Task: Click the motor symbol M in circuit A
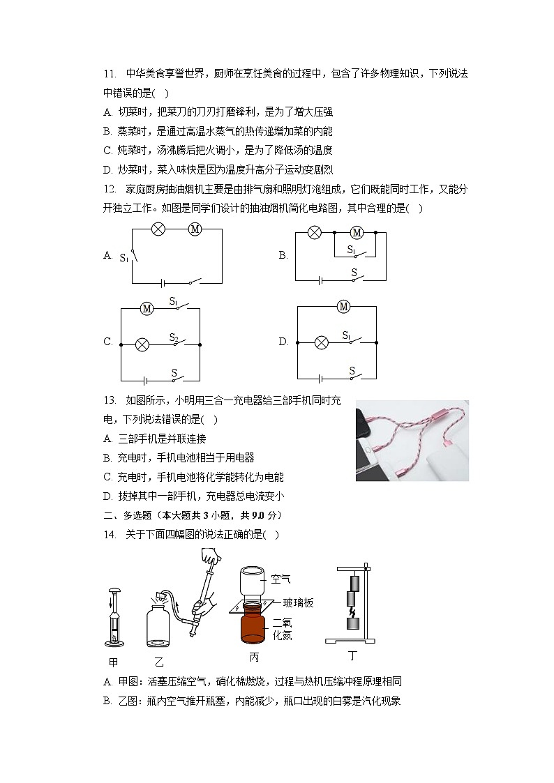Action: (195, 229)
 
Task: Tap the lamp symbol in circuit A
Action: (158, 229)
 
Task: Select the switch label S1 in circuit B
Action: (352, 250)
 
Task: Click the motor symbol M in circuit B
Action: (357, 232)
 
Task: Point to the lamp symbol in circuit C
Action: (142, 344)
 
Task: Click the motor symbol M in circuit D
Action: (343, 306)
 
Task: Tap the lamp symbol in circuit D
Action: (322, 342)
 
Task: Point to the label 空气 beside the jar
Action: (280, 578)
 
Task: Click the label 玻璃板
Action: (298, 602)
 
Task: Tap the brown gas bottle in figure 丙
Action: (253, 628)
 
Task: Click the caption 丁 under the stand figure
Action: (352, 655)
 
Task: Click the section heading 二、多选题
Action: (130, 515)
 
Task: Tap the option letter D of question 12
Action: (283, 342)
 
